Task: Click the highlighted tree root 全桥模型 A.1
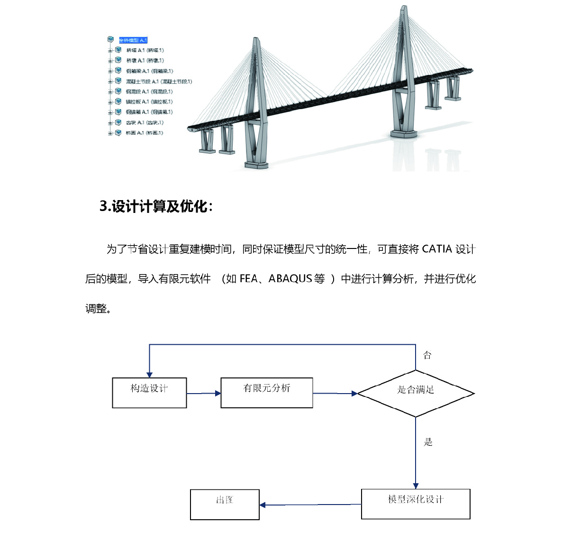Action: point(133,40)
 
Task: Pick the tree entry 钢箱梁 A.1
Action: point(149,71)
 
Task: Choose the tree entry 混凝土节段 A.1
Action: point(159,82)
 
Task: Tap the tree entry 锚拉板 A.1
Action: point(149,102)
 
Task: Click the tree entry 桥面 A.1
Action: point(144,133)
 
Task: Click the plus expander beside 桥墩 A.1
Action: point(110,61)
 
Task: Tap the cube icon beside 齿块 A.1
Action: point(118,123)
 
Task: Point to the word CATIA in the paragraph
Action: point(436,249)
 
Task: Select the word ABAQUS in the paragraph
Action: point(290,279)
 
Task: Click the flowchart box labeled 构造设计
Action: point(149,393)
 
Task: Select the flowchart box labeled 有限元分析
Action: point(267,393)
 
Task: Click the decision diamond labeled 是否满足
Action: point(416,393)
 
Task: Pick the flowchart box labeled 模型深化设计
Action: point(416,504)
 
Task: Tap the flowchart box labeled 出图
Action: point(225,504)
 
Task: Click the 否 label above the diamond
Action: point(427,355)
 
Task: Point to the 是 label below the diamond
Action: point(428,442)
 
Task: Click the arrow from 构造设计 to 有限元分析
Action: point(204,393)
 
